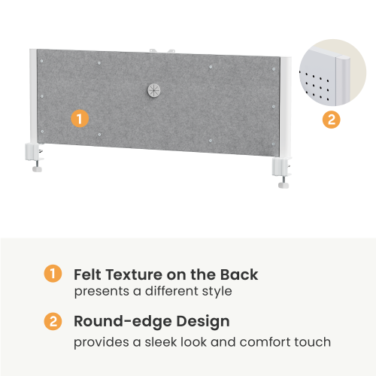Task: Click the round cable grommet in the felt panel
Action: point(153,90)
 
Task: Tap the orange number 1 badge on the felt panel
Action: point(80,119)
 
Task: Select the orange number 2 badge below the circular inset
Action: point(332,120)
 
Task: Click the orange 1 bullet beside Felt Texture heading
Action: point(53,274)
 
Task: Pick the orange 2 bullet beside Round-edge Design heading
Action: point(53,321)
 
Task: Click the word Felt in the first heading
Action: point(88,274)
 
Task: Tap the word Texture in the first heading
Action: point(134,274)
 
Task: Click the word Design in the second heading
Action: point(203,322)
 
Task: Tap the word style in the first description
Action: point(217,292)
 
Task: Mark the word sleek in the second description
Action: point(161,342)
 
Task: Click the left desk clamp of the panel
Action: point(35,156)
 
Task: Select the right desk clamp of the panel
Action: point(282,172)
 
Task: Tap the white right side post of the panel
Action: point(286,108)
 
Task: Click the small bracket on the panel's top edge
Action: point(162,51)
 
